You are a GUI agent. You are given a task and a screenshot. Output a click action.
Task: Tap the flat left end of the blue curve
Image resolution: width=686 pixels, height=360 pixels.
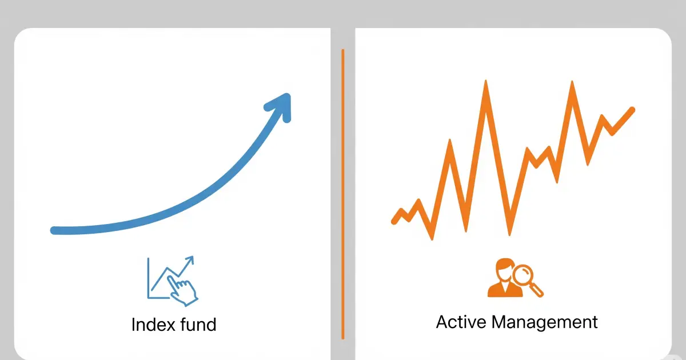click(x=55, y=230)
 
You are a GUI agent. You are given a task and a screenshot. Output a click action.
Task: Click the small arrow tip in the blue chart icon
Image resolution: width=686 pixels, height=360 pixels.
click(x=190, y=259)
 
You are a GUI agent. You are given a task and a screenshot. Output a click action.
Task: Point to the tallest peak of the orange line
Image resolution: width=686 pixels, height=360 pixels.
click(x=486, y=83)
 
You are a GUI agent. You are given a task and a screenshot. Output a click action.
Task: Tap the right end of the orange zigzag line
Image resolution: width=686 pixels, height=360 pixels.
click(x=632, y=109)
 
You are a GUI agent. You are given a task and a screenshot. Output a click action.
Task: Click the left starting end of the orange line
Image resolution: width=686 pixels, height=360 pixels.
click(x=394, y=221)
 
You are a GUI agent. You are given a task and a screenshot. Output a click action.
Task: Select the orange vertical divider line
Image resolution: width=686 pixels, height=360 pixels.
click(x=343, y=194)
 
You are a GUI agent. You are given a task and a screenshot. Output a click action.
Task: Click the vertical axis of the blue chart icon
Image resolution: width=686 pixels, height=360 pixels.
click(x=148, y=278)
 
